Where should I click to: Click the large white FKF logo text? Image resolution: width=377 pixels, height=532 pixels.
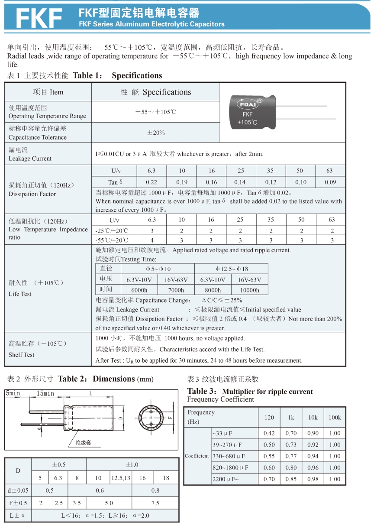coord(39,18)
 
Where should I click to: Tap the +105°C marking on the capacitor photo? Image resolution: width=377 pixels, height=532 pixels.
coord(247,123)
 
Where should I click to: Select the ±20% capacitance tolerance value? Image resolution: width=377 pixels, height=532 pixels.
coord(156,133)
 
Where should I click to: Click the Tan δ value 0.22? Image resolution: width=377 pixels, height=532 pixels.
coord(151,182)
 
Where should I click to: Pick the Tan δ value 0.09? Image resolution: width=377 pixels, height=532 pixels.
coord(330,182)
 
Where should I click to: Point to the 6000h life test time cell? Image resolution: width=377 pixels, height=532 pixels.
coord(139,290)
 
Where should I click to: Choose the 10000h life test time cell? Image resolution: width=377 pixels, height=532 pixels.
coord(250,290)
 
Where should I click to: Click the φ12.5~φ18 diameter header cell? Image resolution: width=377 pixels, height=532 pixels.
coord(231,269)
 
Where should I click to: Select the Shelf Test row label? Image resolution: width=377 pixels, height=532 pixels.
coord(22,354)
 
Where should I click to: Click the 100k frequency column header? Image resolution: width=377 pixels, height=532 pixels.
coord(335,418)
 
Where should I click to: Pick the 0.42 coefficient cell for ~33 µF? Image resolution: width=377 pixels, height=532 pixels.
coord(269,433)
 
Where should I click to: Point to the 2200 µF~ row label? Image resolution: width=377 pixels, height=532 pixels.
coord(226,479)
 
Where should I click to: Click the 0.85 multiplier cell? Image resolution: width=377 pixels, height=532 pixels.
coord(291,479)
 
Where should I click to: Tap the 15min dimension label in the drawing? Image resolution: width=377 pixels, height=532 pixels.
coord(45,393)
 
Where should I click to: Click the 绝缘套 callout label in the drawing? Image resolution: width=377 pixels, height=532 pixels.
coord(84,442)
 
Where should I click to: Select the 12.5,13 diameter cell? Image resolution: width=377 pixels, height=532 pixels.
coord(121,477)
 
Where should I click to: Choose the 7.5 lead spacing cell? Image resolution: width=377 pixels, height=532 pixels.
coord(155,503)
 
